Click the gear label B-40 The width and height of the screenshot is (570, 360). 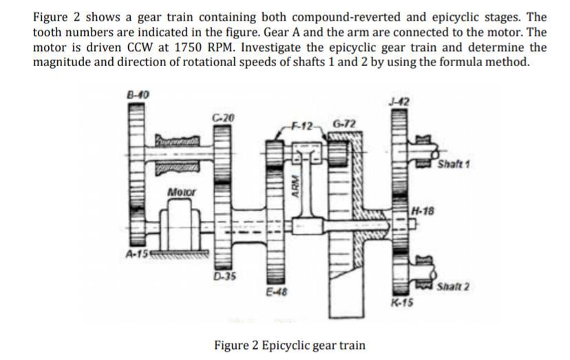pos(138,95)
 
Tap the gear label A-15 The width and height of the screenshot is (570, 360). pos(137,253)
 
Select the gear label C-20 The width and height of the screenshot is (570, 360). pos(224,118)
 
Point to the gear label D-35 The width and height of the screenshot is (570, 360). pos(224,276)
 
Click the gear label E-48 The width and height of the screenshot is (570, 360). pos(277,292)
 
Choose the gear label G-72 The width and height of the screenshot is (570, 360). pos(344,124)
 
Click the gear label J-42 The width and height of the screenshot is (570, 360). pos(399,102)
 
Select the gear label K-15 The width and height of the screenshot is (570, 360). pos(402,301)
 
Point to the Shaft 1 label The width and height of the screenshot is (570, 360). pos(453,164)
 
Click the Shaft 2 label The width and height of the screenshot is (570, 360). pos(453,286)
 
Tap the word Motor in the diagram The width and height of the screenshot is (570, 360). pos(182,191)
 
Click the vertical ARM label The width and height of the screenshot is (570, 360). pos(296,189)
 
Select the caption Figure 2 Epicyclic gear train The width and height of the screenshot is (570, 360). pos(290,345)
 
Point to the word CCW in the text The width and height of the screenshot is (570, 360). pos(140,47)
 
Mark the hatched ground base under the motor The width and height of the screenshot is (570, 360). pos(180,253)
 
